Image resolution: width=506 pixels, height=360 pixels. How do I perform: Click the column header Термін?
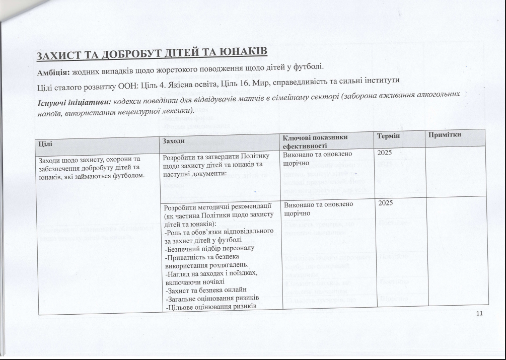(x=388, y=136)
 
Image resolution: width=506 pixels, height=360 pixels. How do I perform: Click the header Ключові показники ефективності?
(x=315, y=140)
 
